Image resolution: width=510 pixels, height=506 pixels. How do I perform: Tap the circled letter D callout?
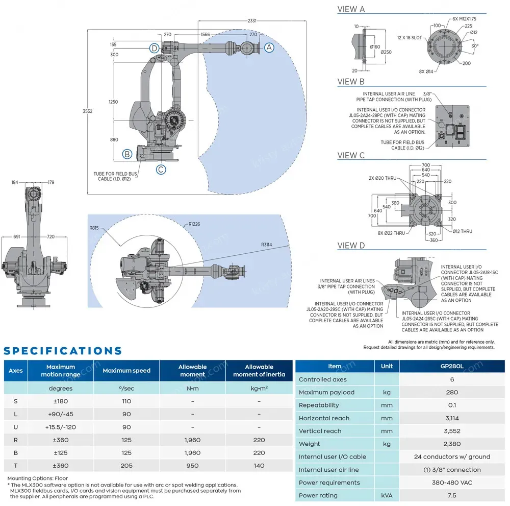(155, 48)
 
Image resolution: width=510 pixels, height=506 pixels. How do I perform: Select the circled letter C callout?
(161, 170)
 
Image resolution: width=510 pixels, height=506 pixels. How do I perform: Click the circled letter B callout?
(127, 154)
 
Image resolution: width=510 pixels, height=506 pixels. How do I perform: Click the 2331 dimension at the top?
(251, 21)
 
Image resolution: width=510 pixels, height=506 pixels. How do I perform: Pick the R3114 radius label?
(267, 245)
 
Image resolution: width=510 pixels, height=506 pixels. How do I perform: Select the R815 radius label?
(93, 228)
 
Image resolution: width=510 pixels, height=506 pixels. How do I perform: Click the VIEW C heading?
(351, 156)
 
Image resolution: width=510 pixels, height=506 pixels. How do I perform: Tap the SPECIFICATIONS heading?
(63, 351)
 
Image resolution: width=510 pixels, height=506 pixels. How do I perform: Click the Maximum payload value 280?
(452, 392)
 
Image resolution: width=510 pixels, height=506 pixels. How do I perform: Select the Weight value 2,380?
(452, 444)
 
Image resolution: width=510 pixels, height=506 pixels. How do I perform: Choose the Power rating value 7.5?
(452, 495)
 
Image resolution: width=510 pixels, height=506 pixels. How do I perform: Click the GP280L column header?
(452, 366)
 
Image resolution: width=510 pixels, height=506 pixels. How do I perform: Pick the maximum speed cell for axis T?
(126, 465)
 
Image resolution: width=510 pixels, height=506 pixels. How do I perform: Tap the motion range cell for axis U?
(61, 427)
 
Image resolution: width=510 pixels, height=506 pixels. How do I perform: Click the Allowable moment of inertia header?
(259, 371)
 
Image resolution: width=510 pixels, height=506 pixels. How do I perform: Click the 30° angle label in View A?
(476, 45)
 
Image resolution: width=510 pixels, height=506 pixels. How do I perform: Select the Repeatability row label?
(319, 405)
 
